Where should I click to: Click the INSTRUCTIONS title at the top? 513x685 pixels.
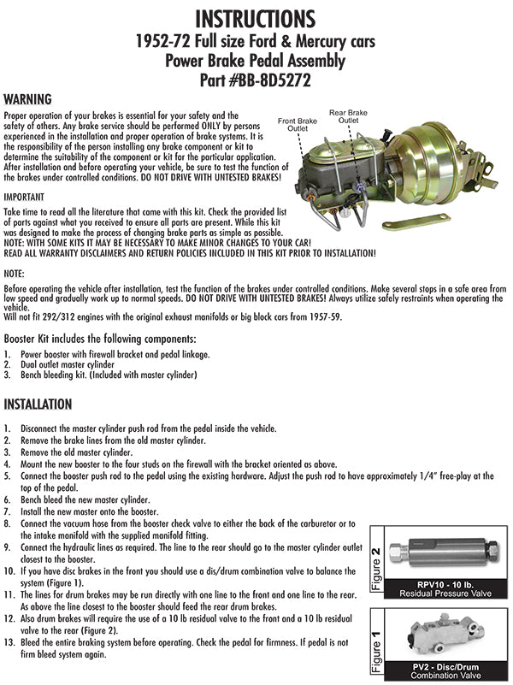coord(256,17)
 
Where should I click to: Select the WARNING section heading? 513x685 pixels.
coord(28,99)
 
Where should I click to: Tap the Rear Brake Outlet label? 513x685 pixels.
coord(349,116)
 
